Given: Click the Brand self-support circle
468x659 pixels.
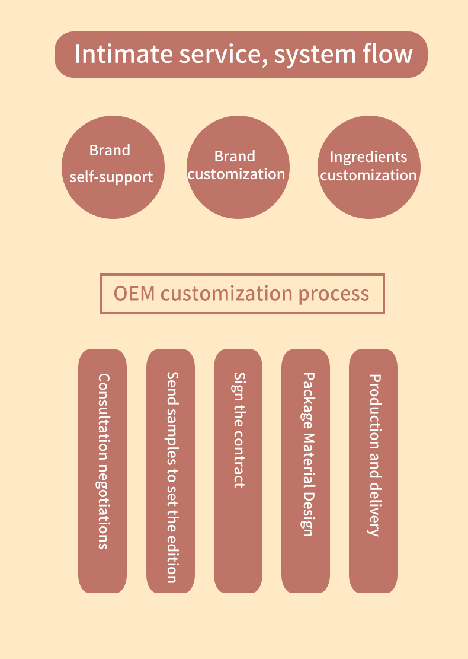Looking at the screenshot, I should pyautogui.click(x=113, y=167).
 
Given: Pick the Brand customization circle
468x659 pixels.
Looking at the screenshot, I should pyautogui.click(x=238, y=167).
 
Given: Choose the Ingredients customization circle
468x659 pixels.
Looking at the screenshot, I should pyautogui.click(x=368, y=167).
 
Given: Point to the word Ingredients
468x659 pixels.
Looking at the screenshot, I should pyautogui.click(x=368, y=157).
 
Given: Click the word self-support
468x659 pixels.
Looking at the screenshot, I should pyautogui.click(x=111, y=177).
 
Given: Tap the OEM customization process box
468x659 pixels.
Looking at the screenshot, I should pyautogui.click(x=242, y=294).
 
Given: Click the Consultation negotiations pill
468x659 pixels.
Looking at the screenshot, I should pyautogui.click(x=102, y=471).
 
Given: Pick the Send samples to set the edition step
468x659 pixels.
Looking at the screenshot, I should pyautogui.click(x=171, y=471).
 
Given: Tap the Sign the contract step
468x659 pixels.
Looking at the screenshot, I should pyautogui.click(x=238, y=471).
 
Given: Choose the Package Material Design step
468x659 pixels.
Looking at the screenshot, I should pyautogui.click(x=306, y=471).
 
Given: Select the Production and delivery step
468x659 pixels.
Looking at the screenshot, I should pyautogui.click(x=373, y=471).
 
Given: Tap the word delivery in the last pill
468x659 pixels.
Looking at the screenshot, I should pyautogui.click(x=374, y=511).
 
